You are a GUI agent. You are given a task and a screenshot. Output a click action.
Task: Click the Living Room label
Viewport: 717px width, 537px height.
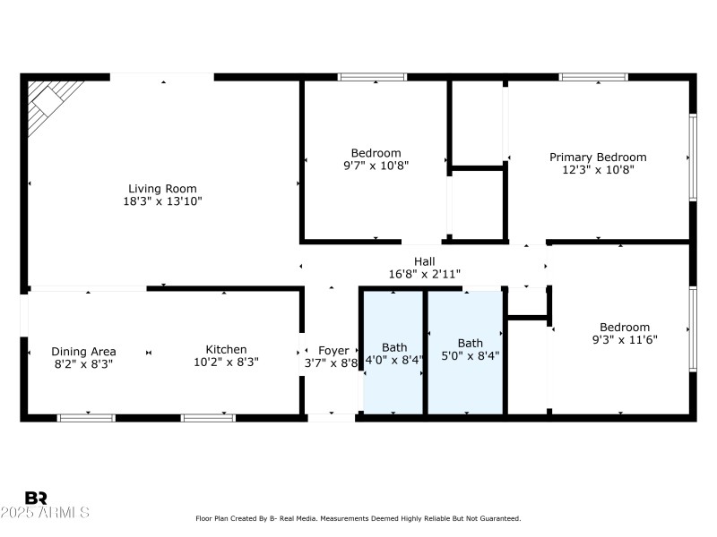162,189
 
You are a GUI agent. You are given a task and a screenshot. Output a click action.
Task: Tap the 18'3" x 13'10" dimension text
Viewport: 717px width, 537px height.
162,202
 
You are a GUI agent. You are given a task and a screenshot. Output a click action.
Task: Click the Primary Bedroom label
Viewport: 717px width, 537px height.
598,158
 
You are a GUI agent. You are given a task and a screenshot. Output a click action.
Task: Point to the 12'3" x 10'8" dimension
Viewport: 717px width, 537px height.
598,170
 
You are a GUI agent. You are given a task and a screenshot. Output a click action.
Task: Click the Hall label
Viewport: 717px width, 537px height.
424,261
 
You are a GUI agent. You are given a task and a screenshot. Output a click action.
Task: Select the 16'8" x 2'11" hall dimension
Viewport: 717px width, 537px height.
424,275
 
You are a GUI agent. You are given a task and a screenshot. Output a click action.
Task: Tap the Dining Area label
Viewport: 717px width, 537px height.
83,352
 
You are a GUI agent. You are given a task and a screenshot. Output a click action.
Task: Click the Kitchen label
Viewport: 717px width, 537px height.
226,350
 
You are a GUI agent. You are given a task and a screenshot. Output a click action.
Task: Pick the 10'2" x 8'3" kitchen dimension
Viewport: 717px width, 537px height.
226,364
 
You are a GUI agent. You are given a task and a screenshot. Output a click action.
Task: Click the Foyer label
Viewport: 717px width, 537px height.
333,351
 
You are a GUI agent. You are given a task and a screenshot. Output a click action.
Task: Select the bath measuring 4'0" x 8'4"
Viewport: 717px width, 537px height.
394,352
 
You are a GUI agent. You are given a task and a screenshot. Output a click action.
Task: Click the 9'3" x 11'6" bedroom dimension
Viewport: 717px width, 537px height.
625,341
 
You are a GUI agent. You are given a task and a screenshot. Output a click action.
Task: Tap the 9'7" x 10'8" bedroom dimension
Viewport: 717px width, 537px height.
376,166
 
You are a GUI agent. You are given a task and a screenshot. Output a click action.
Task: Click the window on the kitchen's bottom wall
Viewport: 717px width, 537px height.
208,417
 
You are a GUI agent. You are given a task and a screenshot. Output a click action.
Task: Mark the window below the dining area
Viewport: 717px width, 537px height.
86,417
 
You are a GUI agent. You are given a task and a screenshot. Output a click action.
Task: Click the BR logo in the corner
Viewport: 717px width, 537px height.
36,498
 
